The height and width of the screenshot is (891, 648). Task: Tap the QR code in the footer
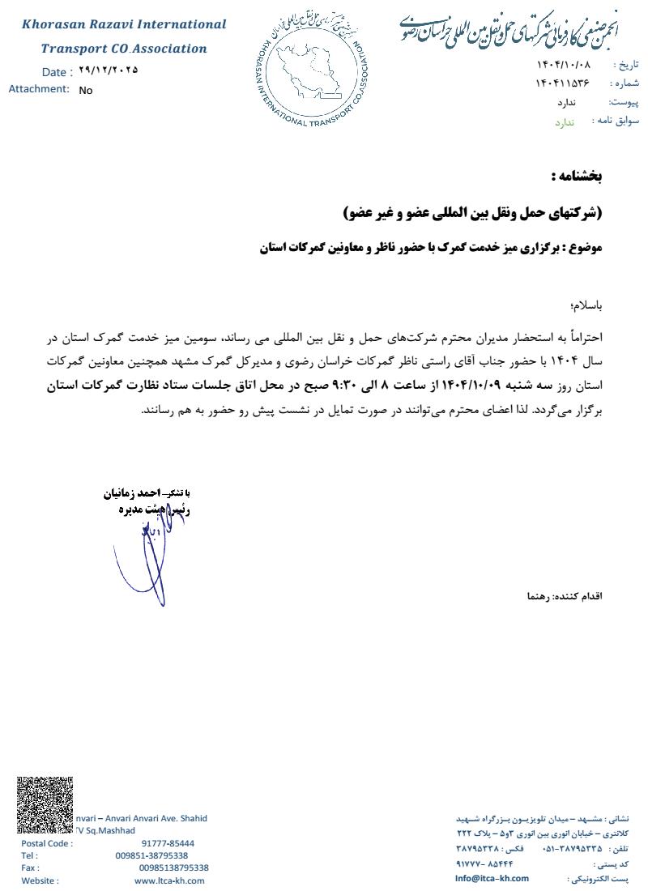[45, 804]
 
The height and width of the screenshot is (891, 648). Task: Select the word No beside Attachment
[86, 90]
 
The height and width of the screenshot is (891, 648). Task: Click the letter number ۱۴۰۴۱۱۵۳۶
[562, 83]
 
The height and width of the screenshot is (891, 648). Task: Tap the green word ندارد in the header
[564, 122]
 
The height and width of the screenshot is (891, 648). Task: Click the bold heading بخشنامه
[577, 176]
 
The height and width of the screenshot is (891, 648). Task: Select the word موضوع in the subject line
[585, 248]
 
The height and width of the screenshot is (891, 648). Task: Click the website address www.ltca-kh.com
[169, 880]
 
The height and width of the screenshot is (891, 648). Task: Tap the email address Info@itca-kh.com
[492, 878]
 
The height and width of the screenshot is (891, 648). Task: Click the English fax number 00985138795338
[173, 868]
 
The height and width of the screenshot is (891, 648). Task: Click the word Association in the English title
[170, 49]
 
